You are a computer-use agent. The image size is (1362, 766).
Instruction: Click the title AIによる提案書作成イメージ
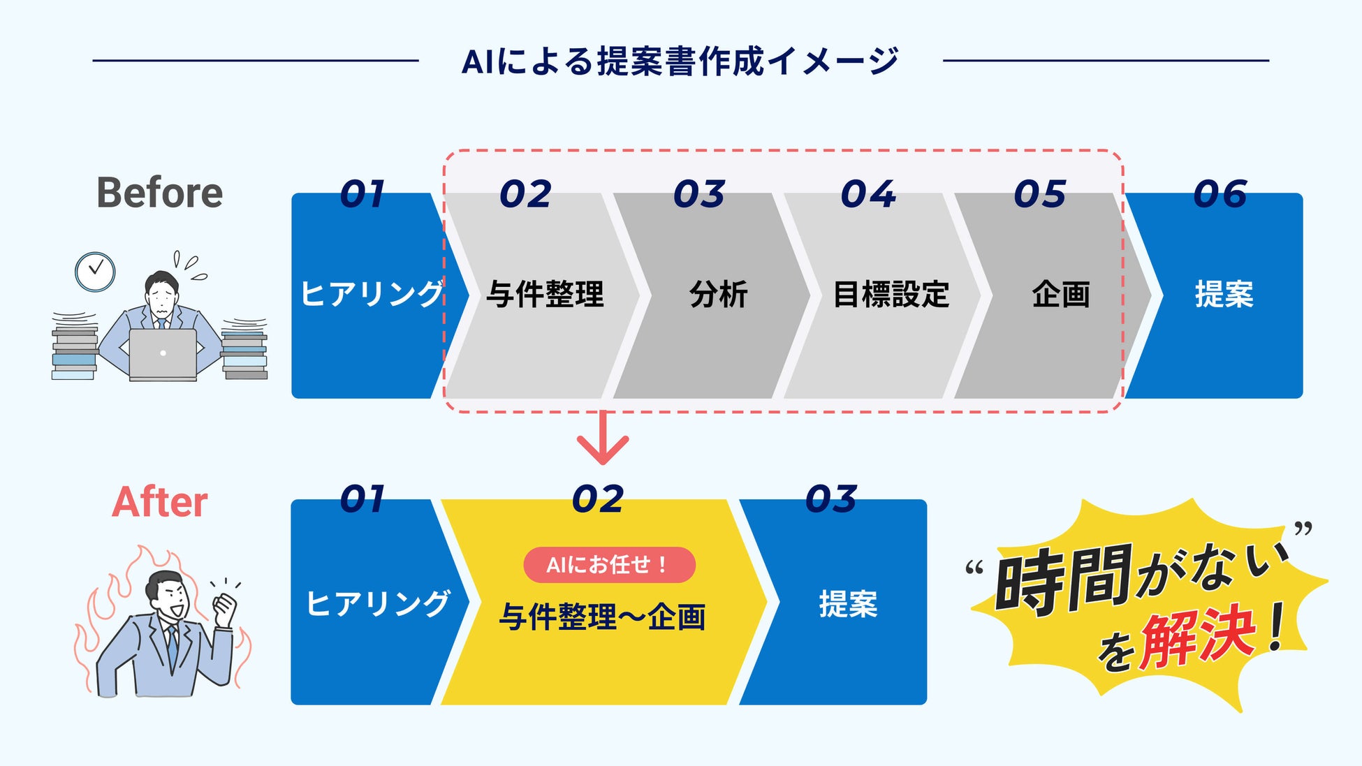[680, 61]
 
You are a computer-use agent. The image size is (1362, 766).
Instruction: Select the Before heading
[159, 193]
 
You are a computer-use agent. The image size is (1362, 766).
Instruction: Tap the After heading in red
[159, 502]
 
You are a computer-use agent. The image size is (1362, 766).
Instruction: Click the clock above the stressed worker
[95, 272]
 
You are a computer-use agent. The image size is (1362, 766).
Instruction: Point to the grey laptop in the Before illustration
[163, 354]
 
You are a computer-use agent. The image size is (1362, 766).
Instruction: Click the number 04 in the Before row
[867, 194]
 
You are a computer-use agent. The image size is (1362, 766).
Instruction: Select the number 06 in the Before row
[1220, 194]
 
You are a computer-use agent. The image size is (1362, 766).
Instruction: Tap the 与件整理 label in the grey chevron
[545, 294]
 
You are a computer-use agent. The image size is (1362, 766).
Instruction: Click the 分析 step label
[718, 294]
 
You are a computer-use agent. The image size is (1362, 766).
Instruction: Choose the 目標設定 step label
[891, 294]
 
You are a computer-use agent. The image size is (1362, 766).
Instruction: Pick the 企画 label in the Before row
[1060, 294]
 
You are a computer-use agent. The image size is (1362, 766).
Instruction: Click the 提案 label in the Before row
[1224, 294]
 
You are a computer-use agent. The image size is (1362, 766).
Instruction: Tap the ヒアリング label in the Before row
[372, 294]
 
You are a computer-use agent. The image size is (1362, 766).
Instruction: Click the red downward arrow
[603, 440]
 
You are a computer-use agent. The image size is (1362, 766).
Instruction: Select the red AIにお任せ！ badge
[609, 564]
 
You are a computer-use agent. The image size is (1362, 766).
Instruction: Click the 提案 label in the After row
[848, 604]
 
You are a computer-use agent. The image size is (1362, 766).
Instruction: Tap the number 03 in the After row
[830, 500]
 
